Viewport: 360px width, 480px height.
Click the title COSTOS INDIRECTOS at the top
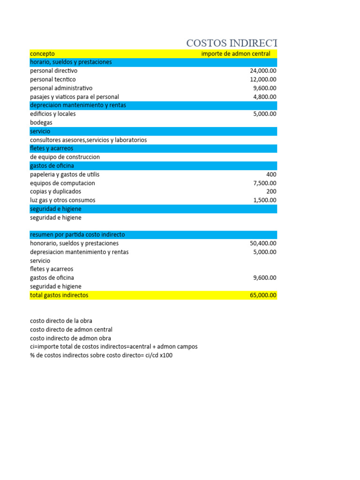coord(232,43)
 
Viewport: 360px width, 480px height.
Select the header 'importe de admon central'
coord(236,54)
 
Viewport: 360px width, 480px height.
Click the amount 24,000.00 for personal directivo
coord(263,71)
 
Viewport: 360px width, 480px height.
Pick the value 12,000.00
coord(263,80)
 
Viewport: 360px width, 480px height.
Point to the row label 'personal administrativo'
coord(61,88)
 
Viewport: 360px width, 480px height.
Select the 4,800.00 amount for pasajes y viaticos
coord(264,97)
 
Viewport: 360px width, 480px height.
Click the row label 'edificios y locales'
coord(53,114)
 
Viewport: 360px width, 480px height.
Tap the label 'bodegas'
coord(41,122)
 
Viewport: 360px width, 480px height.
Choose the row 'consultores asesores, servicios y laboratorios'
coord(89,140)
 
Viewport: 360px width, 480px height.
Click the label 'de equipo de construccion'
coord(65,157)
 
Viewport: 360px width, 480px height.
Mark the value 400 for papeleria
coord(271,174)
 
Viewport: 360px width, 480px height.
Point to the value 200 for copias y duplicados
coord(271,191)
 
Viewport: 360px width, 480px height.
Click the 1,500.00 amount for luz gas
coord(264,200)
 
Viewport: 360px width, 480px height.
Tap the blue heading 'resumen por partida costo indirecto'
coord(77,234)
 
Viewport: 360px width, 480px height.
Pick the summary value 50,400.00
coord(263,243)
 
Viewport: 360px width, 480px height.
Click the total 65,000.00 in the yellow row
coord(263,295)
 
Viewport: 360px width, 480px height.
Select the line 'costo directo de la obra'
coord(61,321)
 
